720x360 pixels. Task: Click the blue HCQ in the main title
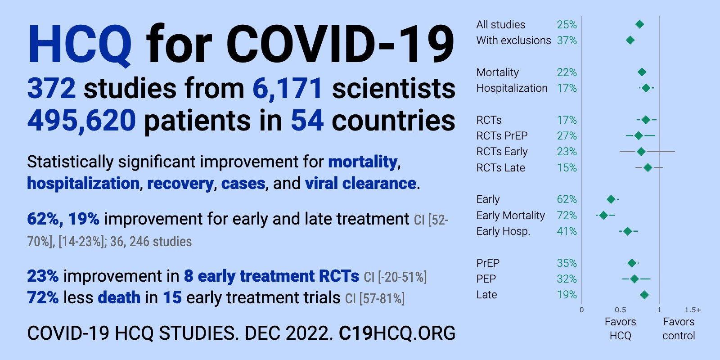pyautogui.click(x=80, y=45)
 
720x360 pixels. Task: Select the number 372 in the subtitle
pyautogui.click(x=51, y=88)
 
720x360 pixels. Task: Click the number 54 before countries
pyautogui.click(x=307, y=121)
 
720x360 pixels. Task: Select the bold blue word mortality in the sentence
pyautogui.click(x=363, y=162)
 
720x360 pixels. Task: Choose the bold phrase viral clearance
pyautogui.click(x=360, y=184)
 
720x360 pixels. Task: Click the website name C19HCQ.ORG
pyautogui.click(x=397, y=333)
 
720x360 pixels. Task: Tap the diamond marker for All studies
pyautogui.click(x=639, y=24)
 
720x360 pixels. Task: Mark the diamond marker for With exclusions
pyautogui.click(x=630, y=40)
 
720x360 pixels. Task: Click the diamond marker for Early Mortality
pyautogui.click(x=603, y=215)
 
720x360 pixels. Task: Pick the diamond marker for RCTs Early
pyautogui.click(x=641, y=151)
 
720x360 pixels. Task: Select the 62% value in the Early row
pyautogui.click(x=567, y=199)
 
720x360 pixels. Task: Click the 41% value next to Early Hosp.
pyautogui.click(x=567, y=231)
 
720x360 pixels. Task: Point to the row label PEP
pyautogui.click(x=486, y=279)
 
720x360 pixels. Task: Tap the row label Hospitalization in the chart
pyautogui.click(x=512, y=88)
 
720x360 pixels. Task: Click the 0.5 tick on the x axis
pyautogui.click(x=621, y=310)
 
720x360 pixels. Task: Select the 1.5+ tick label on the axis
pyautogui.click(x=693, y=310)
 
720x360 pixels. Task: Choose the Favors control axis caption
pyautogui.click(x=679, y=328)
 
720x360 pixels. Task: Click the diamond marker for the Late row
pyautogui.click(x=644, y=295)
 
